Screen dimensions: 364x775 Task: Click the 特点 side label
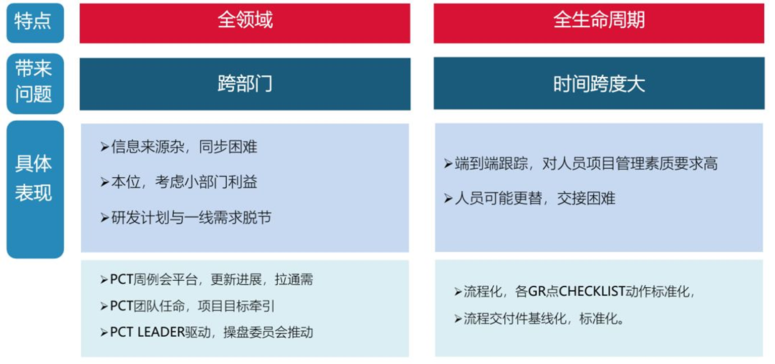click(x=35, y=23)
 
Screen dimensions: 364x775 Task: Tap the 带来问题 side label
click(x=35, y=83)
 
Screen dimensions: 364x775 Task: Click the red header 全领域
click(x=245, y=21)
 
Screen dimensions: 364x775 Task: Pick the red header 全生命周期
click(x=599, y=21)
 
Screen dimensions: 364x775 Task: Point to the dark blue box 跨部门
click(x=245, y=84)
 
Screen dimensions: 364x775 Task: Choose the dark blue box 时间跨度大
click(x=599, y=84)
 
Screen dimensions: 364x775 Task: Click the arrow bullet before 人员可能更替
click(x=448, y=199)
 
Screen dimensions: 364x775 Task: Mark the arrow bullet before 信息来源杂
click(x=105, y=147)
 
